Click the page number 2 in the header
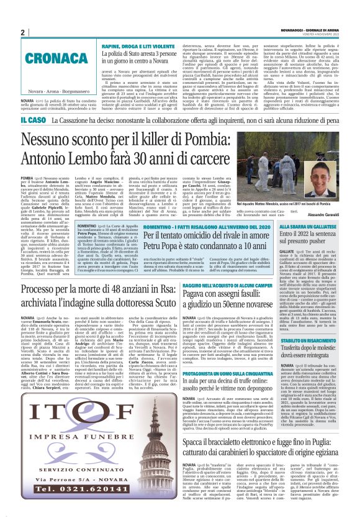coord(22,32)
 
